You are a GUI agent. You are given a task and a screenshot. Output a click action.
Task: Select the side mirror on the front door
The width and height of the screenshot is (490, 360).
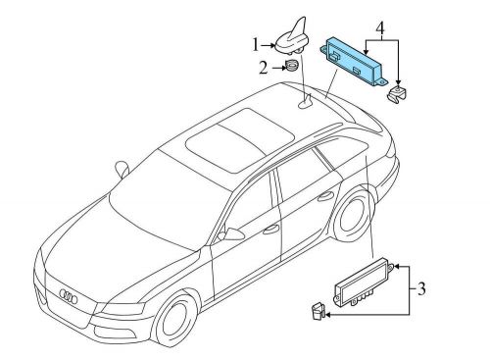click(x=232, y=232)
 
